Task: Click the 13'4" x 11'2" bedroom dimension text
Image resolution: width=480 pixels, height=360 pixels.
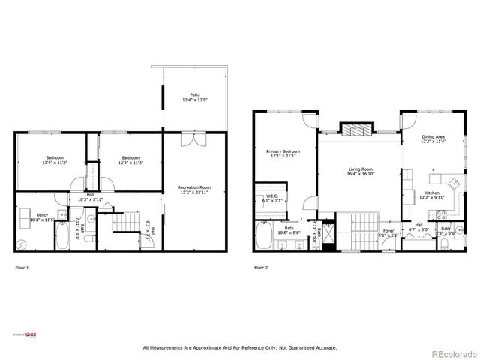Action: tap(55, 162)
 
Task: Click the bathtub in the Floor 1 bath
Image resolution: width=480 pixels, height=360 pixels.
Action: tap(63, 238)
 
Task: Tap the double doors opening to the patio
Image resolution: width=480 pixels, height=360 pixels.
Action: tap(194, 139)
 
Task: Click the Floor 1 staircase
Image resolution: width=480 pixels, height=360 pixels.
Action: tap(123, 223)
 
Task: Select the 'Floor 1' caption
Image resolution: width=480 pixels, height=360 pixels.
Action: tap(22, 267)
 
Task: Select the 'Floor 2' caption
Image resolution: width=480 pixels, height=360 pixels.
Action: tap(261, 267)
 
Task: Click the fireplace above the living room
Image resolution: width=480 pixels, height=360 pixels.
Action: tap(355, 130)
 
